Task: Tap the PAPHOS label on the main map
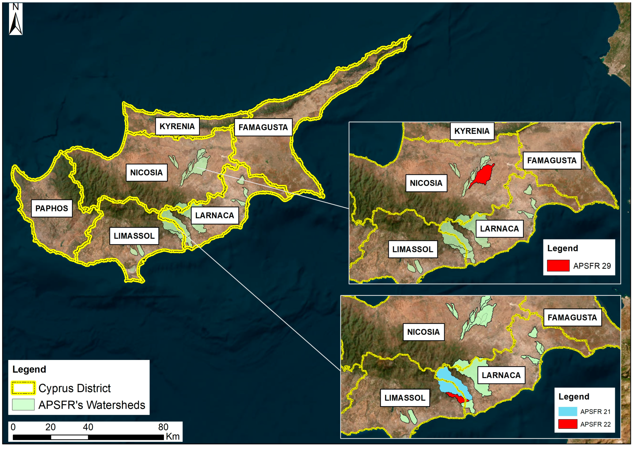point(52,208)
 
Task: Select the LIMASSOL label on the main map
point(134,236)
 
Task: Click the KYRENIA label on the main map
point(177,126)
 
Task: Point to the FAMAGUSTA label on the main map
point(263,127)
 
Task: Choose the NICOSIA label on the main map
point(146,173)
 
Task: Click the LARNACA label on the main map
point(214,215)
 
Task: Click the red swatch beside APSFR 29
point(558,266)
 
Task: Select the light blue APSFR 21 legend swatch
point(567,411)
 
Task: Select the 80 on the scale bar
point(163,427)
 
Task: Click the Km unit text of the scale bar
point(172,436)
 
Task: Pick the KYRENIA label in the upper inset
point(472,131)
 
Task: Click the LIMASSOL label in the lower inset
point(405,398)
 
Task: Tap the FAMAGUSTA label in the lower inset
point(572,318)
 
